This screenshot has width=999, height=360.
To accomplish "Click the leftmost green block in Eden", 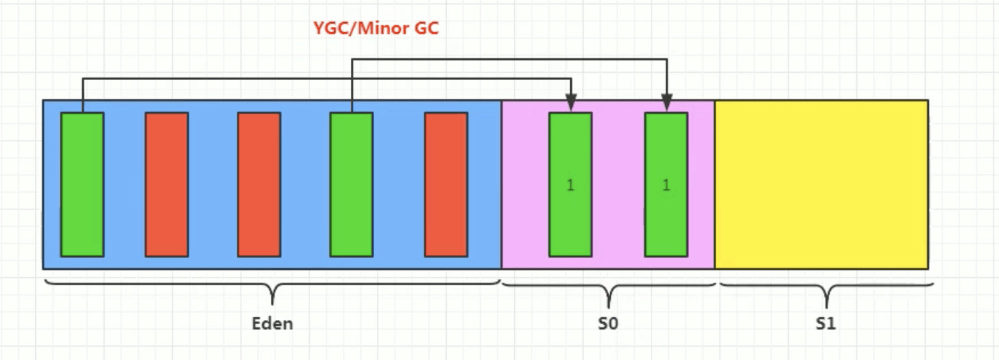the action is [x=82, y=184].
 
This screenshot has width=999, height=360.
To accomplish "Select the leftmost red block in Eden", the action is [x=167, y=184].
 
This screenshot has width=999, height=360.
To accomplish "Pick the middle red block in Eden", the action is [x=259, y=184].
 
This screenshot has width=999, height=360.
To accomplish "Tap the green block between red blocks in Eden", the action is [x=351, y=184].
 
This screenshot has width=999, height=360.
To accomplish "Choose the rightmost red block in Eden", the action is [x=446, y=184].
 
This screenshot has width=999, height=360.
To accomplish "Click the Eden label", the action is [x=272, y=325].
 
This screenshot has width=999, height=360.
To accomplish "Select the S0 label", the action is [x=608, y=325].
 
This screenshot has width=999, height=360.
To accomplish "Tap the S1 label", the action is [x=826, y=325].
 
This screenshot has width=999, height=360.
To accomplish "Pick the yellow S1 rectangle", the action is [x=821, y=184].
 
